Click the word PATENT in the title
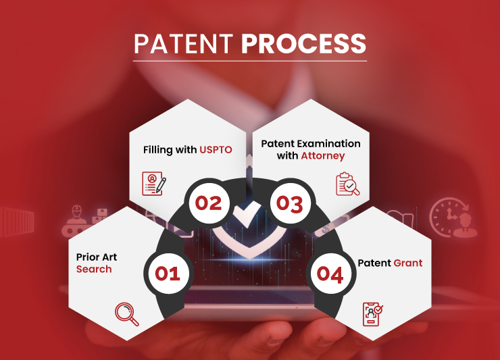[183, 43]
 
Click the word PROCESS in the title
[303, 43]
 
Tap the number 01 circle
[168, 274]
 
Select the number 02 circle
[209, 203]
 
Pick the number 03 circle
[290, 203]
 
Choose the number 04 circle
[330, 274]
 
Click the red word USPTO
[216, 149]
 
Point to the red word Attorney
[323, 156]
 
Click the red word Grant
[408, 263]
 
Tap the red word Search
[94, 269]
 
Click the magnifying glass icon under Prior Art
[127, 314]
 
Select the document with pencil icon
[154, 183]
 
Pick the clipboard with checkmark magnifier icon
[347, 184]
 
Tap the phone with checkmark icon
[373, 314]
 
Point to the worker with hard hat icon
[76, 216]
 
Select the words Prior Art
[97, 257]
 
